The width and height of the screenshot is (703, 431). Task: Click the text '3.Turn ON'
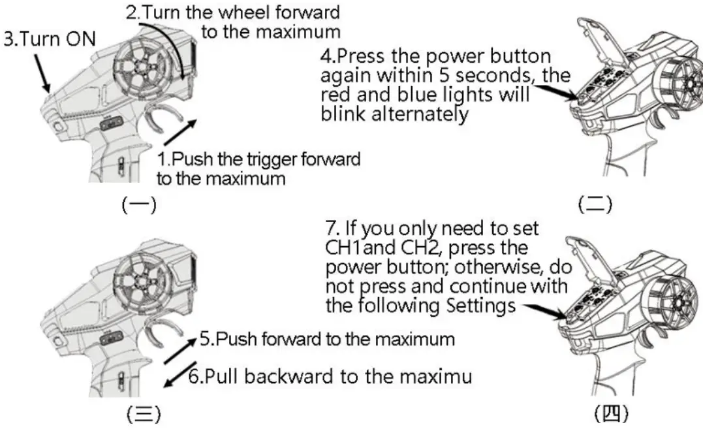(x=49, y=39)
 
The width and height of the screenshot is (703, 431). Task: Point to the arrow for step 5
(x=179, y=350)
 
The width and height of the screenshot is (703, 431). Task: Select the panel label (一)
(x=139, y=206)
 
